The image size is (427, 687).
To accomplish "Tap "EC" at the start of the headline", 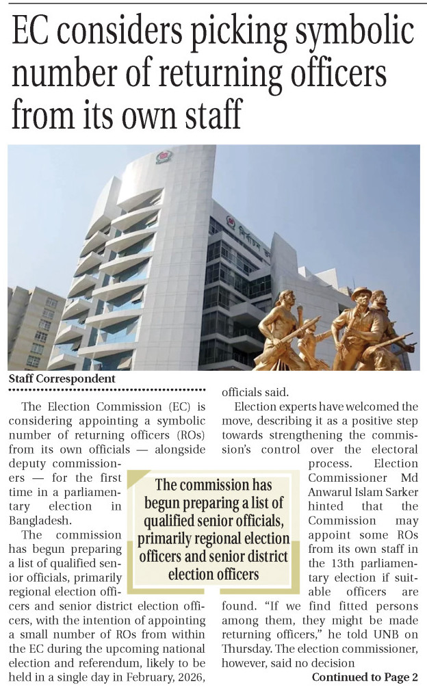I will (x=34, y=32).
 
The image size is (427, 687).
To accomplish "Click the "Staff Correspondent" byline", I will (x=62, y=378).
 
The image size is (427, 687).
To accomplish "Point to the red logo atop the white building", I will (x=164, y=156).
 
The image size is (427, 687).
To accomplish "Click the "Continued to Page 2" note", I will (x=364, y=677).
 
